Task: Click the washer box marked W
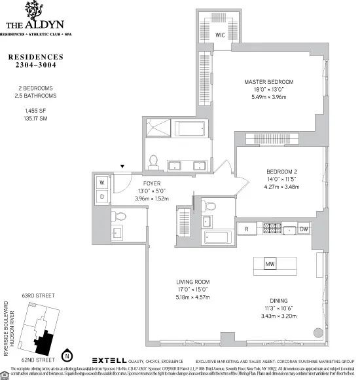103,182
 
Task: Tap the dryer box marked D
103,196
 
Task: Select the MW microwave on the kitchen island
270,264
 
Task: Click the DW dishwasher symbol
304,229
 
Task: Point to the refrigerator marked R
246,229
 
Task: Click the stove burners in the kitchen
270,229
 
